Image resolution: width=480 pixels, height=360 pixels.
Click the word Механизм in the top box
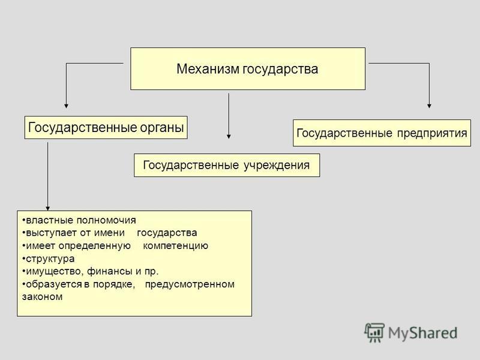(x=208, y=68)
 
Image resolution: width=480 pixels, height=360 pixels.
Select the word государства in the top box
(x=280, y=70)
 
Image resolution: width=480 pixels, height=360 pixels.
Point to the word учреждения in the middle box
(x=277, y=166)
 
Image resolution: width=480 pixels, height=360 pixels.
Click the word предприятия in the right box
(x=432, y=134)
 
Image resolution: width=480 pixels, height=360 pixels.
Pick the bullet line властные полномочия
(x=79, y=220)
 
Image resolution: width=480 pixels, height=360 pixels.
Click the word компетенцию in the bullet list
(x=175, y=246)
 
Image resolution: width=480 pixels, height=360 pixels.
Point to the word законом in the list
(x=42, y=296)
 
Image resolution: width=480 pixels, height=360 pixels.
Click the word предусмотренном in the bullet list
(x=190, y=284)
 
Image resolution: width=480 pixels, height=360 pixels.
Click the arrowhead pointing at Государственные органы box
(x=66, y=106)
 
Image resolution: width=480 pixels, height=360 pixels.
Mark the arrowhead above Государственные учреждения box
(x=229, y=137)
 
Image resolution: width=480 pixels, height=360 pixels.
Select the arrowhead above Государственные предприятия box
(x=429, y=106)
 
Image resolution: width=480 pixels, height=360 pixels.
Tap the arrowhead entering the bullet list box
(x=48, y=208)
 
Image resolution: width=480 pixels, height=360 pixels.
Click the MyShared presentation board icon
(x=374, y=332)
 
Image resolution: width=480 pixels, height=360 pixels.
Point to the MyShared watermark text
(x=423, y=333)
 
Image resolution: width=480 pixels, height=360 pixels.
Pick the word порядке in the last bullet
(x=114, y=284)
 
